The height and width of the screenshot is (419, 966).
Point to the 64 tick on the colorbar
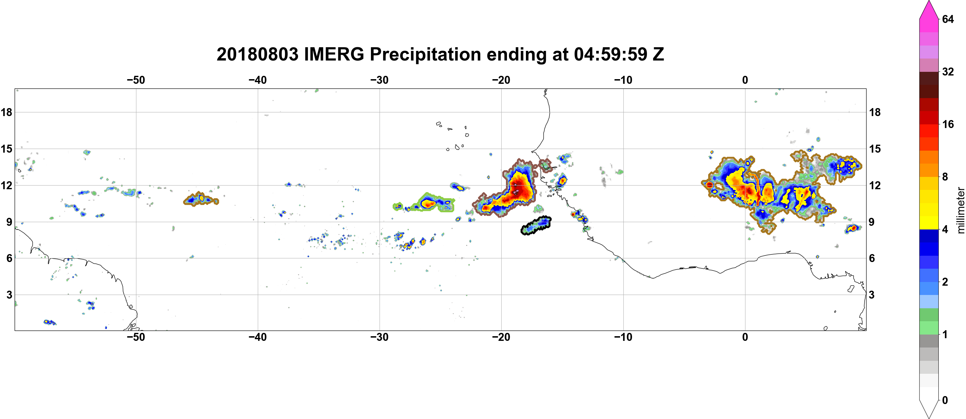(948, 19)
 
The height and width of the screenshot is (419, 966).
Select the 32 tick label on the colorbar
(948, 71)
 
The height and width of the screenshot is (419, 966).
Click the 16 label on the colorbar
(948, 124)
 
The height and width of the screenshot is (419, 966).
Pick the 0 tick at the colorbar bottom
(945, 400)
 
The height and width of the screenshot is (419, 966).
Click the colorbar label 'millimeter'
(960, 210)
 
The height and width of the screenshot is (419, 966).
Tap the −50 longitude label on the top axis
(136, 80)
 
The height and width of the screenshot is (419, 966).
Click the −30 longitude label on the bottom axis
(380, 337)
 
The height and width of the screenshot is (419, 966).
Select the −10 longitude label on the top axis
(623, 80)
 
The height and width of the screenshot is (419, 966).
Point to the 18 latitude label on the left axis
(6, 112)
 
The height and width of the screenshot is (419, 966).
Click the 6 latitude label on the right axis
(872, 258)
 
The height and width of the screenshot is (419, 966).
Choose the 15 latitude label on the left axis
(6, 149)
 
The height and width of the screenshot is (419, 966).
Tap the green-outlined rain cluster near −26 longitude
(426, 203)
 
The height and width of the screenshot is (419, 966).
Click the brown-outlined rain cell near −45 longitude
(201, 199)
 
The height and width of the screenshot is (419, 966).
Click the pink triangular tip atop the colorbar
(929, 9)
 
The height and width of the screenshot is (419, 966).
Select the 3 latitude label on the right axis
(872, 295)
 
